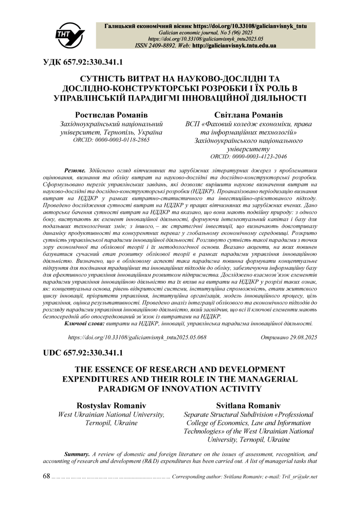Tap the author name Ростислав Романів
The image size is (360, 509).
click(x=111, y=114)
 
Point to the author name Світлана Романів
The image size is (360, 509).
click(x=248, y=115)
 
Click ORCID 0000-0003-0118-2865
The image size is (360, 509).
click(x=111, y=140)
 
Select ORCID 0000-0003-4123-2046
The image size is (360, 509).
click(x=248, y=156)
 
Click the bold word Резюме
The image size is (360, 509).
click(x=74, y=170)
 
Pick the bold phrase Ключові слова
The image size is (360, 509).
click(x=84, y=323)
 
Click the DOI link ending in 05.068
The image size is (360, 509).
click(x=137, y=337)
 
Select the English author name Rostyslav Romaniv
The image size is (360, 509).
click(x=111, y=406)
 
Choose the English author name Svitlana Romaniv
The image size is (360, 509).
click(x=248, y=406)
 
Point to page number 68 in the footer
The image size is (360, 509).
click(x=46, y=476)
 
